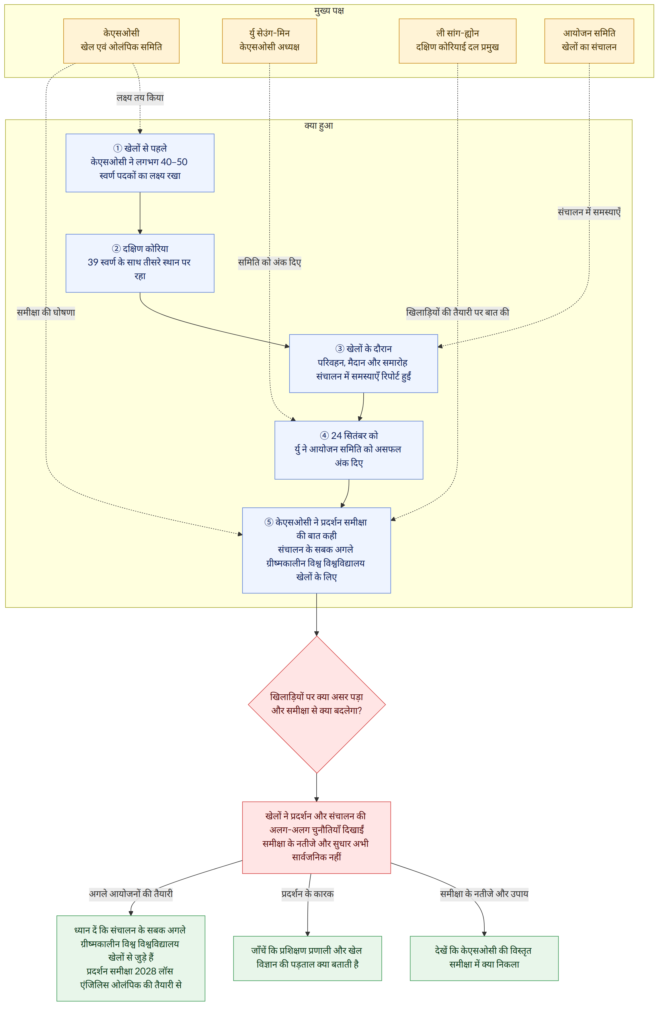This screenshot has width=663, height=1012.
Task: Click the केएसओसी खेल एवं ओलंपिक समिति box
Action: click(x=121, y=41)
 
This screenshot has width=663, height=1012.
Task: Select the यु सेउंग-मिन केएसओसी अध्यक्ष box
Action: click(x=269, y=41)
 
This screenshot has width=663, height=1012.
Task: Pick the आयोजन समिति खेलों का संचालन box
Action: click(x=589, y=41)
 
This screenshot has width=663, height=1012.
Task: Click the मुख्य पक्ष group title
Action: click(x=329, y=11)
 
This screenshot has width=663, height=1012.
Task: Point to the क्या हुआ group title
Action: click(x=319, y=126)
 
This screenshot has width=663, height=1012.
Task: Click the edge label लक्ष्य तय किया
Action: click(x=140, y=98)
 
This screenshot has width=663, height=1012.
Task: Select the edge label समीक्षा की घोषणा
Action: click(x=46, y=312)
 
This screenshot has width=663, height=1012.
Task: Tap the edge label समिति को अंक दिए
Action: click(x=269, y=262)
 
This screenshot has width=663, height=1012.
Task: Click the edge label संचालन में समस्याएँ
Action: click(x=589, y=212)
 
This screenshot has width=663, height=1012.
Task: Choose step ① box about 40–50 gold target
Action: click(x=140, y=163)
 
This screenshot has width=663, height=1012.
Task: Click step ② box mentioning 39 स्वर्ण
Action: click(x=140, y=263)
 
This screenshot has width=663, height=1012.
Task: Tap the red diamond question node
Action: click(x=317, y=705)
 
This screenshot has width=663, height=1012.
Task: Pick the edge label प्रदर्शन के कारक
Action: click(x=307, y=894)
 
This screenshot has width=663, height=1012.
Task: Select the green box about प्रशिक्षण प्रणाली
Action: click(x=307, y=958)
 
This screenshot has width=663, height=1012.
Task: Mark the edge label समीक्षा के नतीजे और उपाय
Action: click(x=484, y=894)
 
